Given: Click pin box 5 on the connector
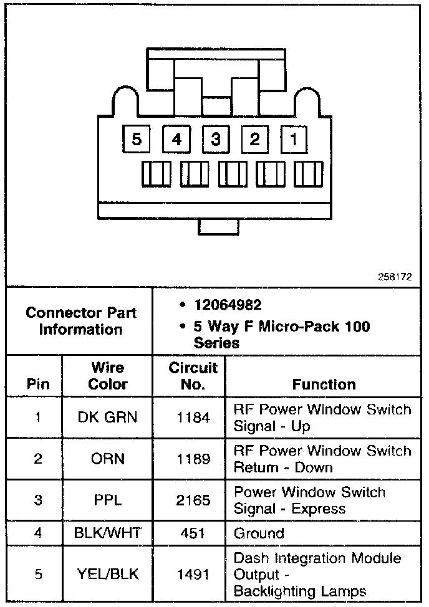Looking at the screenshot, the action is pos(137,140).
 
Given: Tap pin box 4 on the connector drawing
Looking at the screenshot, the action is pos(176,140).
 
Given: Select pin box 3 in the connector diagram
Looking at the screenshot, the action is pos(216,140).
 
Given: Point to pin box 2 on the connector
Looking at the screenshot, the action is pos(254,140).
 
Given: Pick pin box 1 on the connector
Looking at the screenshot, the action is pos(294,140).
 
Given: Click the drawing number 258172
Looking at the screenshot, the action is pos(394,277).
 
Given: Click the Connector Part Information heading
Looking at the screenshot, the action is pos(80,320).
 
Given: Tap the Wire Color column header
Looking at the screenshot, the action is pos(107,376).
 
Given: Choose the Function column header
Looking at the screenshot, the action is pos(324,384).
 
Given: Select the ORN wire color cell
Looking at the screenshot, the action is pos(107,459).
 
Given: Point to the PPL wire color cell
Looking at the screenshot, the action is pos(107,500).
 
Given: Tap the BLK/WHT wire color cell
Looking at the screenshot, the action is pos(107,533).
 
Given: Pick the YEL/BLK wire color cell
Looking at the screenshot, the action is pos(107,574).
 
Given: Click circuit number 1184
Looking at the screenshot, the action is pos(193,418).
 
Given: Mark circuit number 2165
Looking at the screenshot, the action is pos(193,500).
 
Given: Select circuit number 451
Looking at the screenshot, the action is pos(193,533).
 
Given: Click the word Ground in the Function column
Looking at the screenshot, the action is pos(259,533).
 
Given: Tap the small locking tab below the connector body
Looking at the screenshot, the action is pos(218,227).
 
